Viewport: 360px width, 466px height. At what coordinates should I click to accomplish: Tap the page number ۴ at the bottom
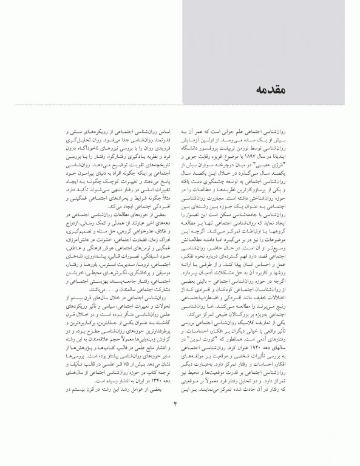point(180,432)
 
